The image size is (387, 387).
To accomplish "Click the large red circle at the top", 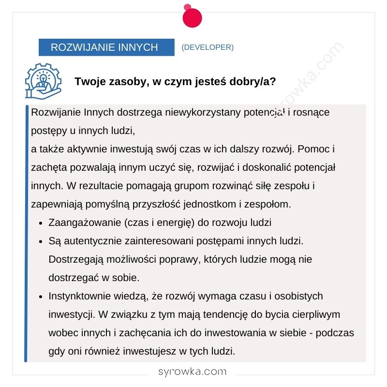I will point(193,18).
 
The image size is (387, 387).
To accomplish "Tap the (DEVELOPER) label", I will point(208,47).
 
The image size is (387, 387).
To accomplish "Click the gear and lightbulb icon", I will point(44,80).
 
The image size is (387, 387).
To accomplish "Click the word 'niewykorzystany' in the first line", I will point(200,112).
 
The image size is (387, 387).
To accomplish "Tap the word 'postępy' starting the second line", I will point(47,131).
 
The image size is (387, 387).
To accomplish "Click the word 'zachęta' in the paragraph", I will point(47,167).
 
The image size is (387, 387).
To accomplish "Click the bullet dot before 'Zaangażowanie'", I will point(41,223).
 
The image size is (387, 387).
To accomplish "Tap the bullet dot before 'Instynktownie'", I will point(41,296).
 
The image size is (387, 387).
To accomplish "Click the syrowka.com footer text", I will point(192,372).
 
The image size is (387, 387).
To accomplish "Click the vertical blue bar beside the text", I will point(26,232).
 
